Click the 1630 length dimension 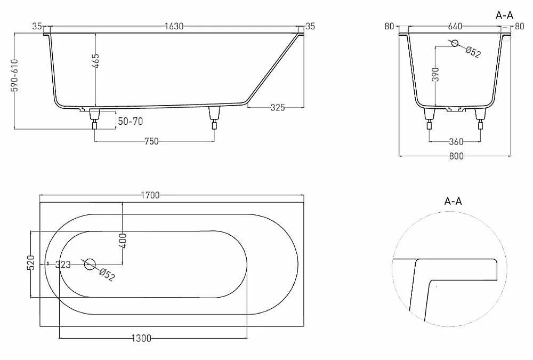tap(174, 26)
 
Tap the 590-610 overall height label tap(14, 76)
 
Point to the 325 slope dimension tap(278, 108)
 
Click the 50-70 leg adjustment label tap(130, 121)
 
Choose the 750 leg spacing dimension tap(151, 141)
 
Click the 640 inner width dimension tap(455, 26)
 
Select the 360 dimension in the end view tap(456, 141)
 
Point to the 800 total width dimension tap(456, 156)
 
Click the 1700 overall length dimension tap(150, 195)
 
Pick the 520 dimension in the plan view tap(31, 262)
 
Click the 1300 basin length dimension tap(141, 338)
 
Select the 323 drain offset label tap(63, 265)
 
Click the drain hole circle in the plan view tap(90, 264)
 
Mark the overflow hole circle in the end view tap(455, 43)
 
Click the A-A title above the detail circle tap(453, 201)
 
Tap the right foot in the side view tap(214, 118)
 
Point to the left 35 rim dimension tap(37, 26)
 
